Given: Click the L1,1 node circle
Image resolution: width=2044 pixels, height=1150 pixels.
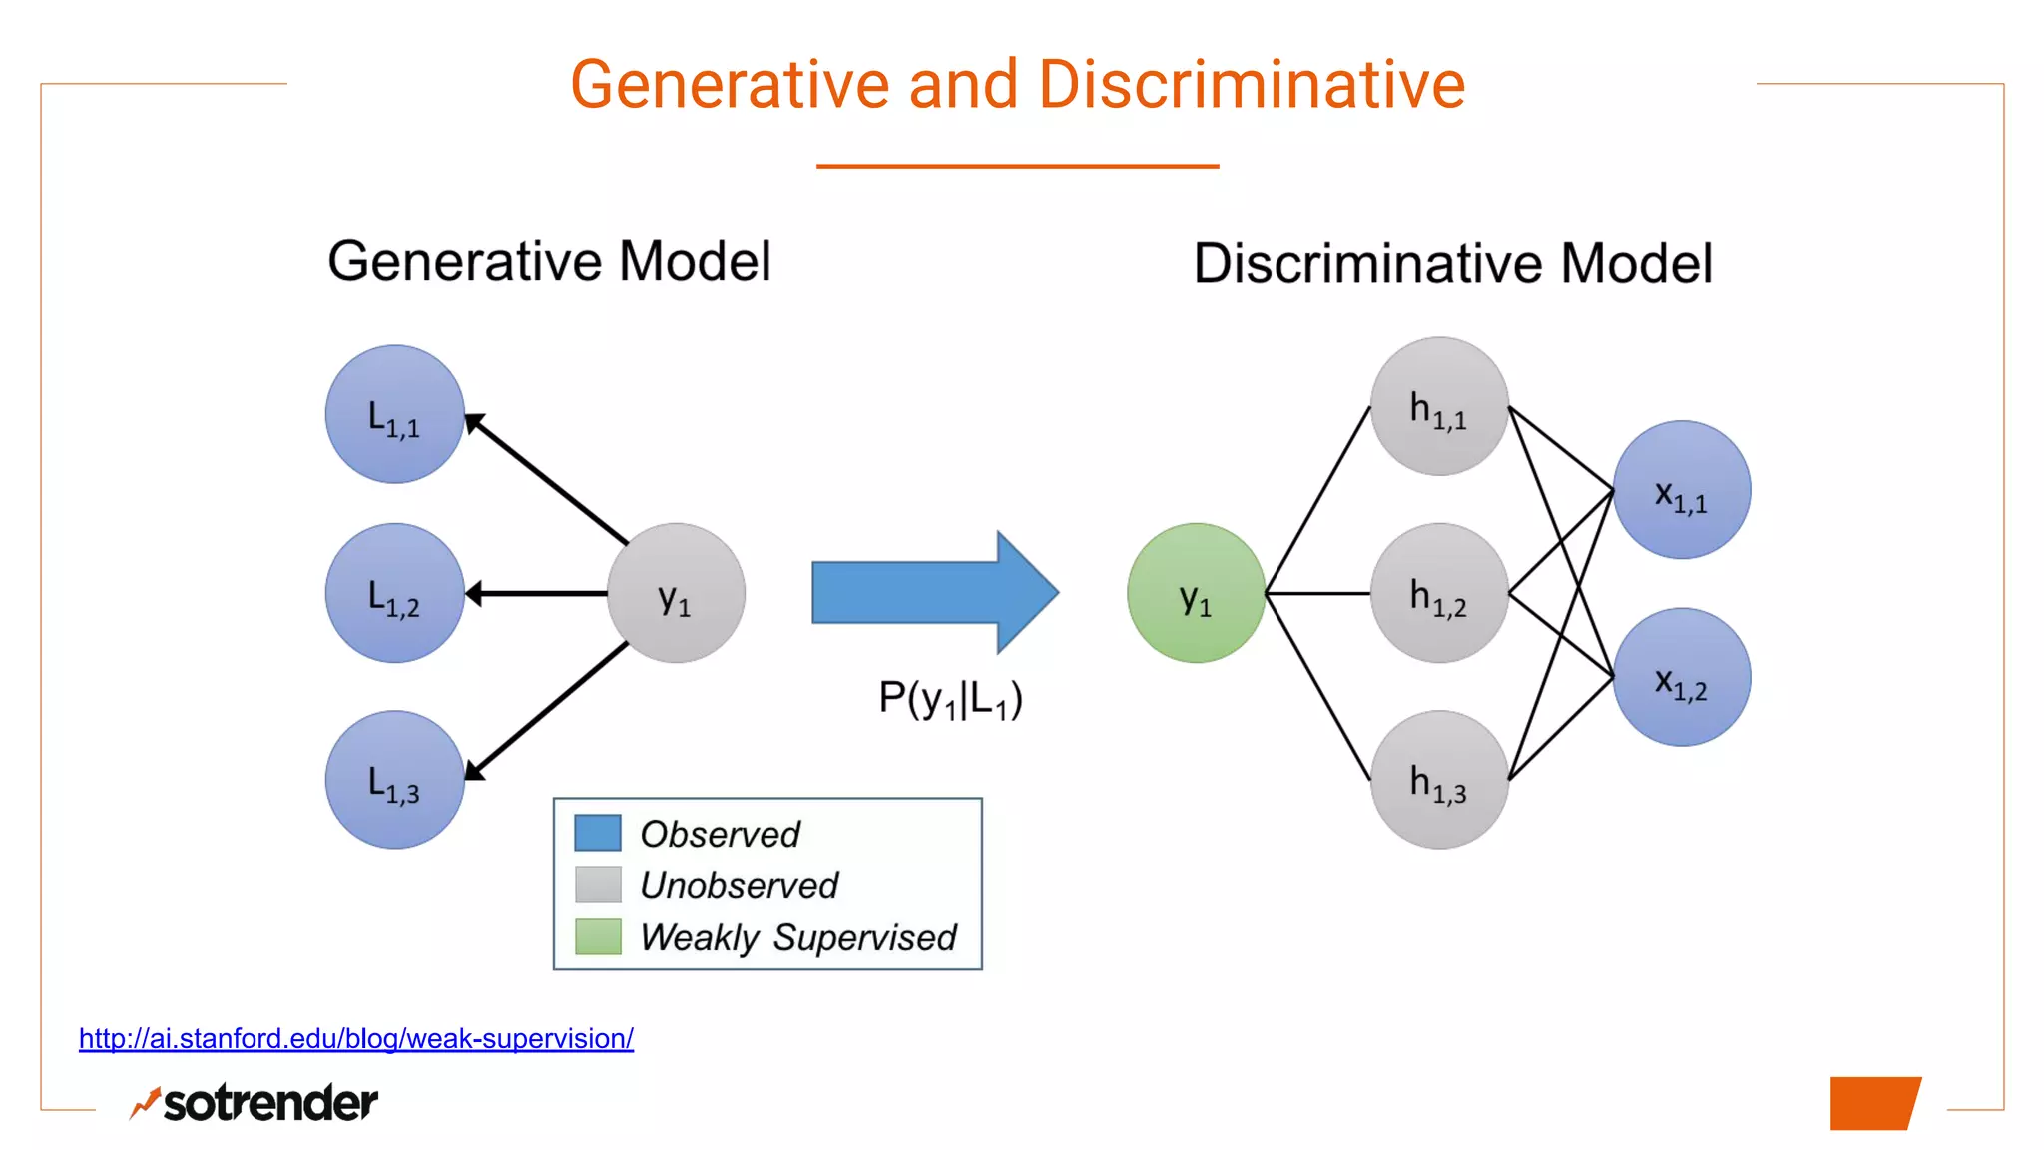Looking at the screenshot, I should (395, 414).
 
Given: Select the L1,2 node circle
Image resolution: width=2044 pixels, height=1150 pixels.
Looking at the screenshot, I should (395, 593).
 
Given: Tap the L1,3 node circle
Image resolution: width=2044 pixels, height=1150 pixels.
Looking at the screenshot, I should (395, 780).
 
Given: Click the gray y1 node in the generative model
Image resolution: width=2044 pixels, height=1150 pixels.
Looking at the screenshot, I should (676, 593).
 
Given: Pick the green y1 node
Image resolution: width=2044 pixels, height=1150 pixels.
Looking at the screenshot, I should (1196, 593).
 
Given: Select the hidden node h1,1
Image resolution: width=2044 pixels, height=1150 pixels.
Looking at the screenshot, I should (1438, 406).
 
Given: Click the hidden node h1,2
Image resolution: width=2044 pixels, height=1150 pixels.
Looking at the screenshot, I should (1438, 593).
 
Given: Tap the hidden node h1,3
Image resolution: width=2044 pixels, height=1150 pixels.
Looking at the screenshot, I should (1438, 780).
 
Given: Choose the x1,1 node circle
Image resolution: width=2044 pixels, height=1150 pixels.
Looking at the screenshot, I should (1682, 490).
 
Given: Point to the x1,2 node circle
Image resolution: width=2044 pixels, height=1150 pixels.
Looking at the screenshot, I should (1682, 677).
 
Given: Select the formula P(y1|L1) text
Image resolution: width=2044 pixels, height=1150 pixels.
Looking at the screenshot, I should (950, 699).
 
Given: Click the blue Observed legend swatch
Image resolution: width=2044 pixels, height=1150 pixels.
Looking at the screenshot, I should (598, 833).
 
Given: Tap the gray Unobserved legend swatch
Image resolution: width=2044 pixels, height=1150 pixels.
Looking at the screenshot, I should (598, 884).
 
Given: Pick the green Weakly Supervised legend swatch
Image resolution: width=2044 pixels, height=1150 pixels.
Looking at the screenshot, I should (598, 936).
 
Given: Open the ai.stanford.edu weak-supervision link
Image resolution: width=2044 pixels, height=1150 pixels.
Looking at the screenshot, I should (355, 1039).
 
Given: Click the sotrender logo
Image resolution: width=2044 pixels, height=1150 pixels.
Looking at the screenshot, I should (255, 1103).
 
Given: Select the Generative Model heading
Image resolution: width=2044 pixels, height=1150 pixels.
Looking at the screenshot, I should (549, 262).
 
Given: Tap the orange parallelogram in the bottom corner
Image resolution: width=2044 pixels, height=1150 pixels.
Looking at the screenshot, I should (1874, 1103).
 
